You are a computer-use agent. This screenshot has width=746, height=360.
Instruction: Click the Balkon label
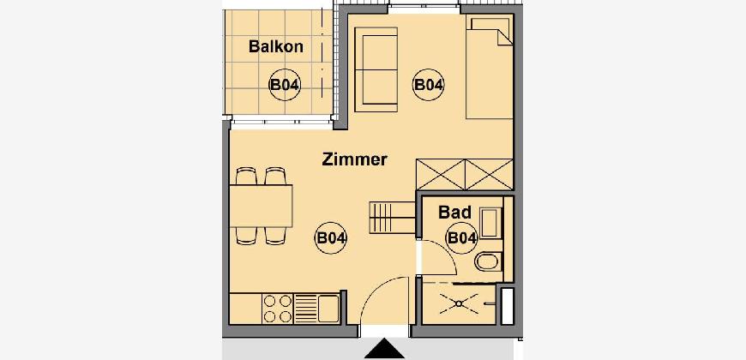tap(276, 46)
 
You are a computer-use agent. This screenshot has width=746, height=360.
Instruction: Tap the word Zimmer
tap(354, 159)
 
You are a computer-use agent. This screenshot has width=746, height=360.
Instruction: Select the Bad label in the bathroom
tap(454, 212)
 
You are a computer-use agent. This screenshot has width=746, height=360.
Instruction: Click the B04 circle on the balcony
tap(285, 85)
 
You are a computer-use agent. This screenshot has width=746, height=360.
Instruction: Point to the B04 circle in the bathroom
tap(461, 237)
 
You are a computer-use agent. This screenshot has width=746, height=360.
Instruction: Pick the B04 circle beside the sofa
tap(428, 85)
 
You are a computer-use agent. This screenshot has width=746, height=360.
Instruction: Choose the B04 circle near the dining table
tap(331, 237)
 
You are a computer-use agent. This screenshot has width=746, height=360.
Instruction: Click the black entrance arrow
tap(384, 349)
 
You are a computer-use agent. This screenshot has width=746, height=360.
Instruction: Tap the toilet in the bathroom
tap(487, 261)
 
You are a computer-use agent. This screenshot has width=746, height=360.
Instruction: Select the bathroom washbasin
tap(490, 223)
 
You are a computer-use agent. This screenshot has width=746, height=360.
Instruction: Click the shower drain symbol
tap(459, 303)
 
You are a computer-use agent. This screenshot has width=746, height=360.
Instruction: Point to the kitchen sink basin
tap(328, 309)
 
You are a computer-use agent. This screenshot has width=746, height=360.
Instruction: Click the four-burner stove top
tap(277, 309)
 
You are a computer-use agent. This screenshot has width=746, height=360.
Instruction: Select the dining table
tap(261, 206)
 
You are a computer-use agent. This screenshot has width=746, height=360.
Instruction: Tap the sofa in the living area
tap(376, 69)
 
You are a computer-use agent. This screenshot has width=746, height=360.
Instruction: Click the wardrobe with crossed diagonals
tap(465, 175)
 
